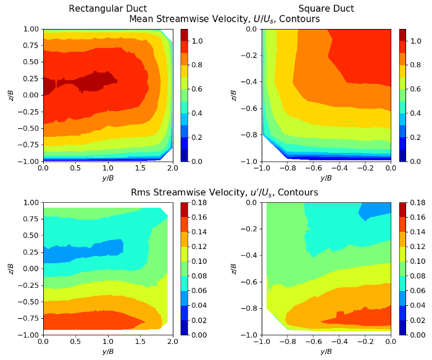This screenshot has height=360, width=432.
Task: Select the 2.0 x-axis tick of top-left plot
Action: [x=172, y=168]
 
